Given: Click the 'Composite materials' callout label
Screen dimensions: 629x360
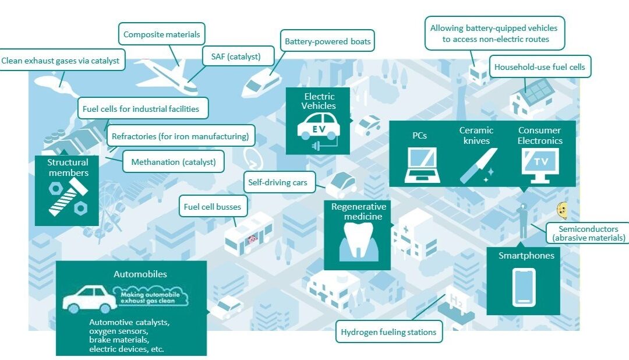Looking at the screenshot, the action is point(162,34).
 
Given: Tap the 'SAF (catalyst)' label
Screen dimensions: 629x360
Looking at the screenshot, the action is point(236,57).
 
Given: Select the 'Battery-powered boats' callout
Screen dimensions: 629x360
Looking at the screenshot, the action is point(327,41).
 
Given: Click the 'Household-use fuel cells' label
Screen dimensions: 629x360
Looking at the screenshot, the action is point(539,67).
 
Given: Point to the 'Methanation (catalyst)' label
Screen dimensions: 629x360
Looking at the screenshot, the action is point(174,162).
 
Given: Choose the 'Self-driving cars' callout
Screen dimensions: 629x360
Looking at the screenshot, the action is point(278,182).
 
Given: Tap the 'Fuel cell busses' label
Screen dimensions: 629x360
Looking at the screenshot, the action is point(213,207).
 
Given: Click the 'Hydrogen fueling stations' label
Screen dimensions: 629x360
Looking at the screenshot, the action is point(388,332).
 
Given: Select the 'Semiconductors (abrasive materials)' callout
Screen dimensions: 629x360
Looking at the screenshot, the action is point(588,233).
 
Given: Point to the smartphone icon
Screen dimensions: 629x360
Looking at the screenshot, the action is point(524,288).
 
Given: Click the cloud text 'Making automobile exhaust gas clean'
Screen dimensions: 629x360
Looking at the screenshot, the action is point(151,297).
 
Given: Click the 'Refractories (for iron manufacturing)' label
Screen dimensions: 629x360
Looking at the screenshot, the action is point(181,136).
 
